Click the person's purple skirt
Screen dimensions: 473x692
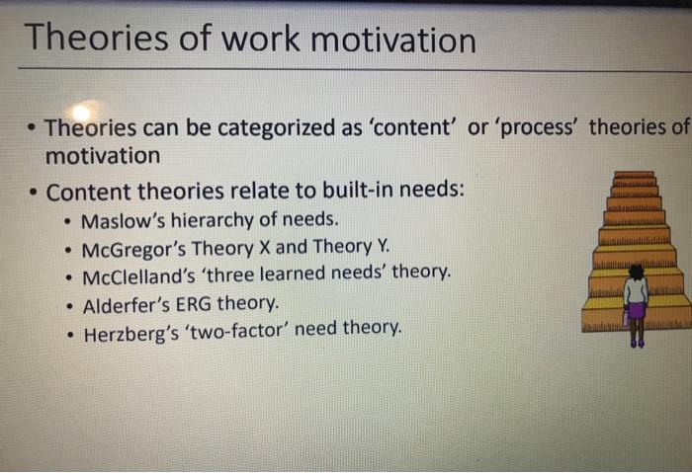coord(637,310)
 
